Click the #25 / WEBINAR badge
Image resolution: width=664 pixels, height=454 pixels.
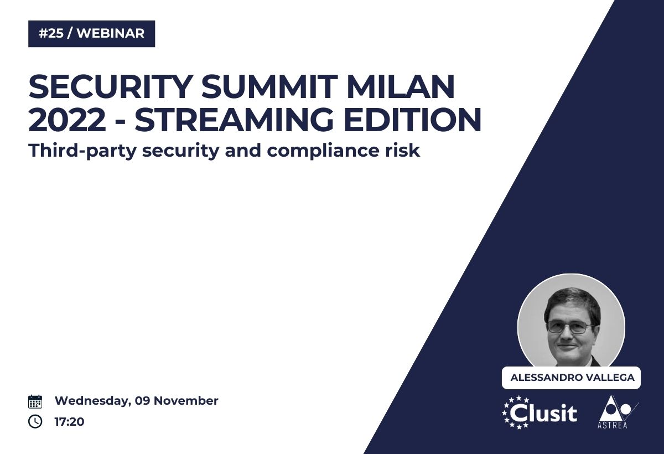92,34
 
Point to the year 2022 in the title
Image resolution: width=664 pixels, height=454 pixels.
68,120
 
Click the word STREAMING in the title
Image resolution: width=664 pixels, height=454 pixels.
235,120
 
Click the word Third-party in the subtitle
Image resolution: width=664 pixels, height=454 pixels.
82,151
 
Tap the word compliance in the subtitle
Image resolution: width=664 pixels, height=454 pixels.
323,151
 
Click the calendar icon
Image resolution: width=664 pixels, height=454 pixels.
35,401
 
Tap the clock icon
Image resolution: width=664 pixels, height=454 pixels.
35,421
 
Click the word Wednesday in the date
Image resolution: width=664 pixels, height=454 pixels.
93,401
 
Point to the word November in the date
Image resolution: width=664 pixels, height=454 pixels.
186,401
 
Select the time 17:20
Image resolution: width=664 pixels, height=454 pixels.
69,422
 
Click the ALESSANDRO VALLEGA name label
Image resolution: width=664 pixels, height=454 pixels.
571,378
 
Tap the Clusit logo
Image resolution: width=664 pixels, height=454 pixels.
539,412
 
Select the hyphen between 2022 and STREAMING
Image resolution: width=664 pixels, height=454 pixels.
121,122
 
